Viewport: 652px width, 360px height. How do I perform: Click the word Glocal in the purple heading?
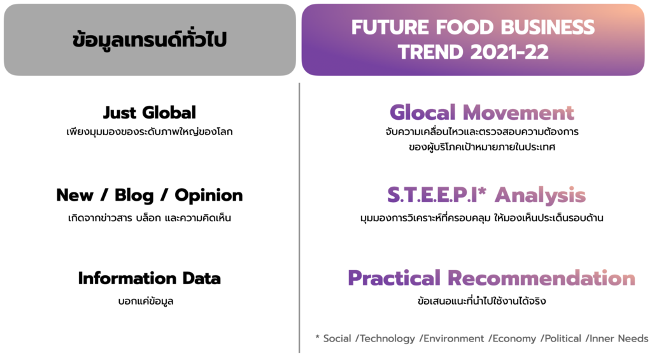(423, 112)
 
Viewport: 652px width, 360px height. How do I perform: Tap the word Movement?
(518, 112)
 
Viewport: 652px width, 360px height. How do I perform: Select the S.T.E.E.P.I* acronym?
(437, 194)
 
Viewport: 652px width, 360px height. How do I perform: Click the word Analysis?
(540, 195)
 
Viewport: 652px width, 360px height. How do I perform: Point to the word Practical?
(393, 278)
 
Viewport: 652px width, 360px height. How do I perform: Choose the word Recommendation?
(541, 278)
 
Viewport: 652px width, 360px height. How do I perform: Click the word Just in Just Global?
(119, 112)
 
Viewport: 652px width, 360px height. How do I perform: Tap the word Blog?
(134, 195)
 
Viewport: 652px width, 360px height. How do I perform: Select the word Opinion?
(208, 195)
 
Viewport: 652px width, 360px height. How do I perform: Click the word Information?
(127, 278)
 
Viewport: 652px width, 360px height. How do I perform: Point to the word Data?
(201, 278)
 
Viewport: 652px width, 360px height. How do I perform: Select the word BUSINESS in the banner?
(548, 27)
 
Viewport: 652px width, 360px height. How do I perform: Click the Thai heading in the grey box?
(149, 40)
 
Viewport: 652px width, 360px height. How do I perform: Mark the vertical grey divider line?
(299, 218)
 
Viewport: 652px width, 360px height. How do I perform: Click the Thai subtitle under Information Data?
(146, 301)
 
